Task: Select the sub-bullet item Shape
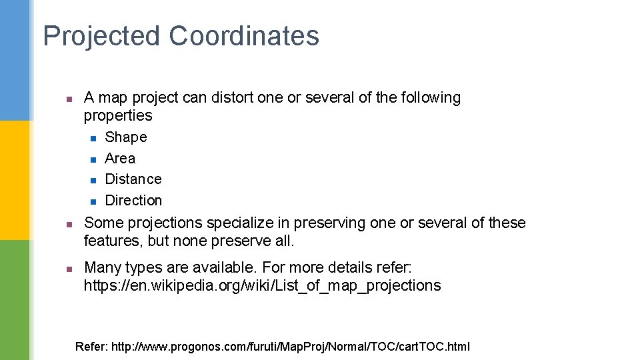[x=126, y=137]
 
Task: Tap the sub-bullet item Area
[x=120, y=159]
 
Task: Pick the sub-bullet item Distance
[x=133, y=179]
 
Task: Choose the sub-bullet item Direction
[x=133, y=201]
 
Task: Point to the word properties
[x=118, y=116]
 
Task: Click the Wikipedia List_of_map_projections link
[x=262, y=286]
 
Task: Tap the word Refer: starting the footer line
[x=91, y=347]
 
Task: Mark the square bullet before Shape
[x=93, y=139]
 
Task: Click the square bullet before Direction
[x=93, y=201]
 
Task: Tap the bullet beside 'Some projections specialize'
[x=68, y=224]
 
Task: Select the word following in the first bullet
[x=431, y=98]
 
